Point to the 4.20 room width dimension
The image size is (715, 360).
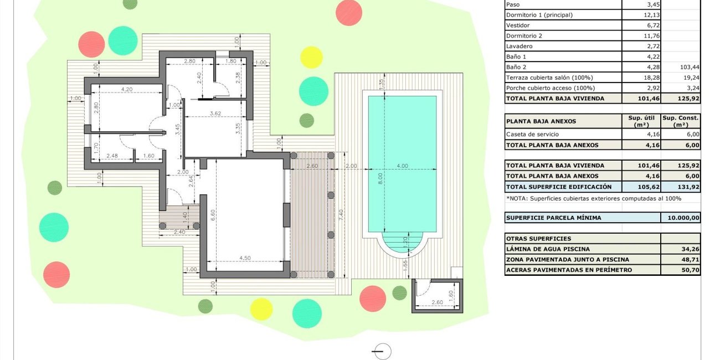click(x=127, y=88)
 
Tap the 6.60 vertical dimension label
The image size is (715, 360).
click(x=213, y=214)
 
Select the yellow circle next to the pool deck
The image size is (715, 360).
click(x=311, y=58)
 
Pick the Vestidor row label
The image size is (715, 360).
click(x=518, y=25)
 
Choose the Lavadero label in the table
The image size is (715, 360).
click(x=519, y=46)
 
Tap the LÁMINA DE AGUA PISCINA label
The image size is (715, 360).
click(x=548, y=249)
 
